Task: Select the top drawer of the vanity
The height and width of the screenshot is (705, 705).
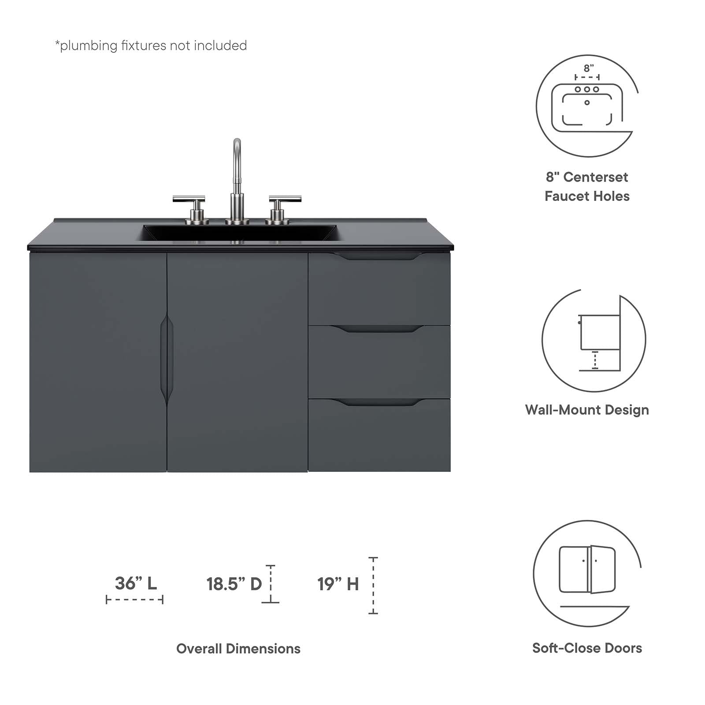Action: tap(379, 291)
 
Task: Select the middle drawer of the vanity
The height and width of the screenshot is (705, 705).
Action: tap(379, 364)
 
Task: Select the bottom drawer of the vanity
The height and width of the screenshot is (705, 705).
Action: tap(379, 436)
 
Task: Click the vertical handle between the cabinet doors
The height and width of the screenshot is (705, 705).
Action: tap(167, 359)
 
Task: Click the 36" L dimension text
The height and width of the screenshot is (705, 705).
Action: tap(136, 583)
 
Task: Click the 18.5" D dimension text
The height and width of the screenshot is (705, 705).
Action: tap(234, 584)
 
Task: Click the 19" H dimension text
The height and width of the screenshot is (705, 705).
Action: tap(338, 584)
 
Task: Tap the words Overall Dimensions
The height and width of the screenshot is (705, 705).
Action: tap(238, 649)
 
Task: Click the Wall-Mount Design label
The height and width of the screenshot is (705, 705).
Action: tap(587, 410)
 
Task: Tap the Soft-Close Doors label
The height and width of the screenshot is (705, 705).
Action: tap(587, 648)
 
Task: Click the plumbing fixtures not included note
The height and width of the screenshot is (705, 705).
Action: tap(151, 46)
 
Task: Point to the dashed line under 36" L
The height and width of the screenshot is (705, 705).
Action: tap(134, 600)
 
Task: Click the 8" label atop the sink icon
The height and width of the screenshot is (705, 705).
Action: tap(589, 68)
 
